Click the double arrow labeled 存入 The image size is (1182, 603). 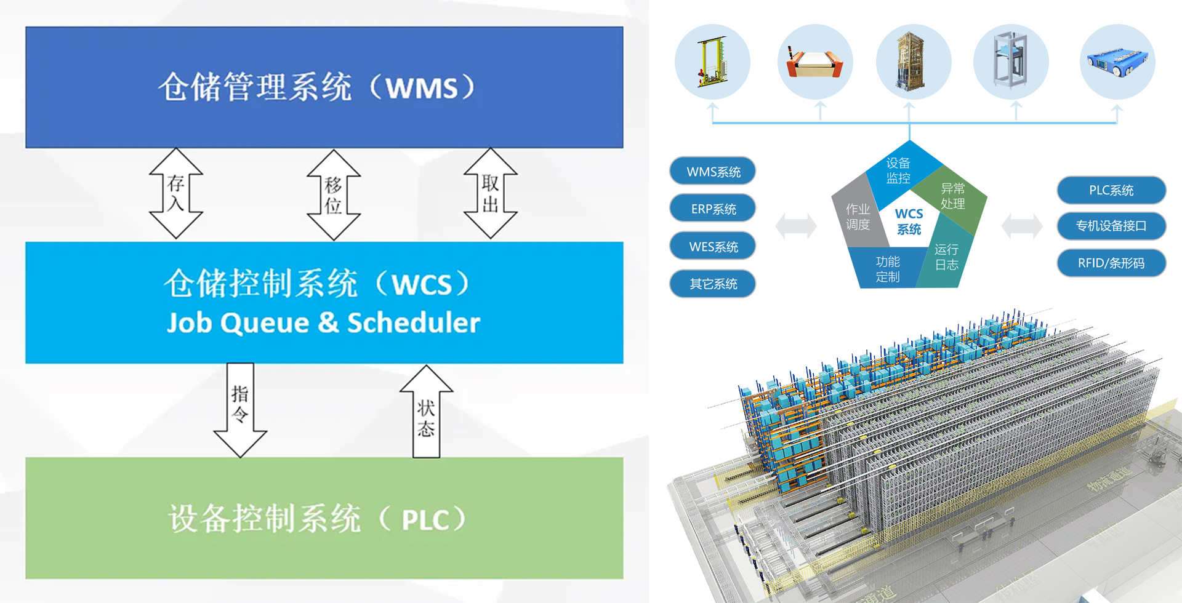tap(176, 193)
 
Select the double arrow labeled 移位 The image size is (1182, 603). tap(334, 194)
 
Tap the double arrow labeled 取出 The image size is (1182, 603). tap(490, 193)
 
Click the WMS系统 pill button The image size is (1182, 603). tap(713, 172)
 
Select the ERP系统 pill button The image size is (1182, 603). tap(713, 209)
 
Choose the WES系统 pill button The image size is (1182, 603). tap(713, 247)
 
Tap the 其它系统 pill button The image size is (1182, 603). tap(713, 284)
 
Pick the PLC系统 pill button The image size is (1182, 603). tap(1111, 190)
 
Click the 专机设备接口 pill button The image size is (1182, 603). tap(1111, 226)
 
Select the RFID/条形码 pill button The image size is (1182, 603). tap(1111, 263)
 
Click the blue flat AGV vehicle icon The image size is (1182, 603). tap(1117, 62)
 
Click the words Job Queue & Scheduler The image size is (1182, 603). tap(323, 323)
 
